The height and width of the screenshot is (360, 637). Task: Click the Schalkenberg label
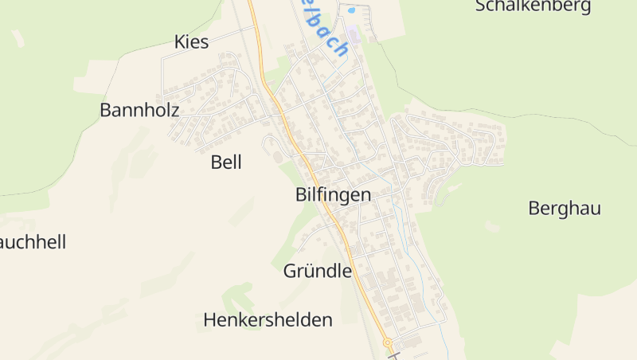533,6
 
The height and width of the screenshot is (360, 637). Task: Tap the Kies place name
191,42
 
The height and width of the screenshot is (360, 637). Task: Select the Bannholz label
139,110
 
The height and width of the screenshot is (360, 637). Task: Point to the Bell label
226,162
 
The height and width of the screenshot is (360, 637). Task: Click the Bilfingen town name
333,194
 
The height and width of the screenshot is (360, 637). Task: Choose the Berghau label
564,209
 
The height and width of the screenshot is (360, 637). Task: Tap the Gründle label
317,271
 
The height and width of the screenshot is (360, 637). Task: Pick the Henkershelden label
268,320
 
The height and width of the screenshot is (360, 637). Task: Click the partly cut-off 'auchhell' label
33,242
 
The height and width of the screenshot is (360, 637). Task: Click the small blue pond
350,12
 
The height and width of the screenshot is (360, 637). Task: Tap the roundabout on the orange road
389,343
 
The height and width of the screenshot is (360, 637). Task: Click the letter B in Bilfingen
301,194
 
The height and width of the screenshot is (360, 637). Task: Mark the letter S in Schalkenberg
481,6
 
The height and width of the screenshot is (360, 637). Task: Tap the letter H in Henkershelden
210,320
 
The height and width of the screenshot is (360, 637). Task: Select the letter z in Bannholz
174,110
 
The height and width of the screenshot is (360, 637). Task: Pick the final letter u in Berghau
595,209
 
